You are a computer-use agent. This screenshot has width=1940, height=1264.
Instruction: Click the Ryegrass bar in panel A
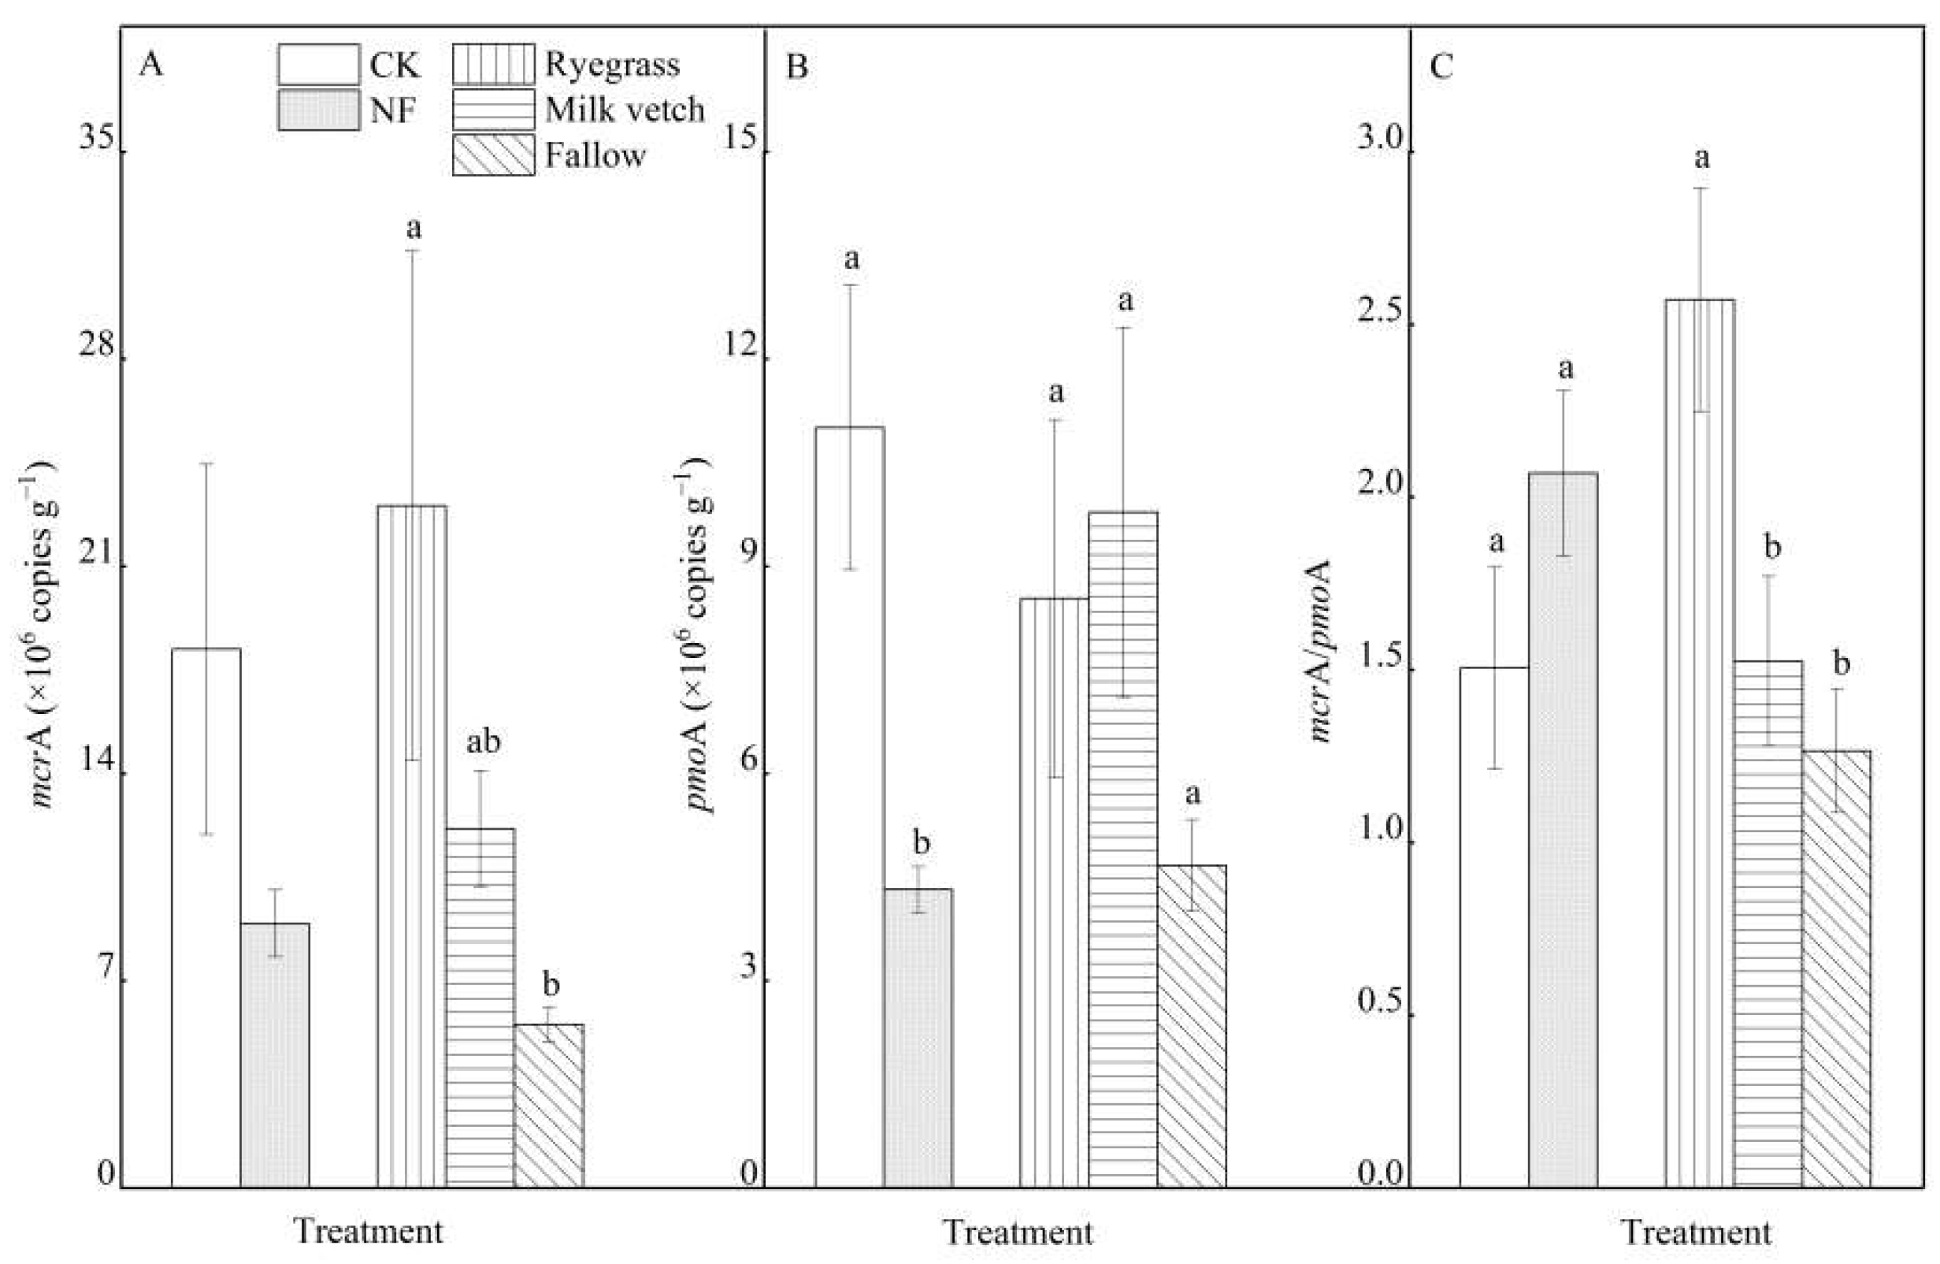point(412,848)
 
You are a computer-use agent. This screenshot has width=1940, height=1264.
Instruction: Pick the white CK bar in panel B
point(850,807)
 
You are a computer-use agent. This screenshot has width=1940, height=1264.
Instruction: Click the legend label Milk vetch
point(625,110)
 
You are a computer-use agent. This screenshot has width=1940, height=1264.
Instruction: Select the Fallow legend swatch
point(493,155)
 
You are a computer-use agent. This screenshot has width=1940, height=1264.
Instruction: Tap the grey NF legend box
point(318,110)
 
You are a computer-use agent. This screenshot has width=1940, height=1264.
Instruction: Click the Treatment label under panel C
point(1697,1232)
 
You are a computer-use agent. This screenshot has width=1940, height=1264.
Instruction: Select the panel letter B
point(796,66)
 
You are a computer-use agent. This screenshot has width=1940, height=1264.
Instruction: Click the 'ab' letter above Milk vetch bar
point(483,742)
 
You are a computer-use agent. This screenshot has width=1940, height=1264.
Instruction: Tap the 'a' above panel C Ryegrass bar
point(1701,158)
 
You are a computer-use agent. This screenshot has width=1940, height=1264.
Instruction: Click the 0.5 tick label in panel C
point(1380,1001)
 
